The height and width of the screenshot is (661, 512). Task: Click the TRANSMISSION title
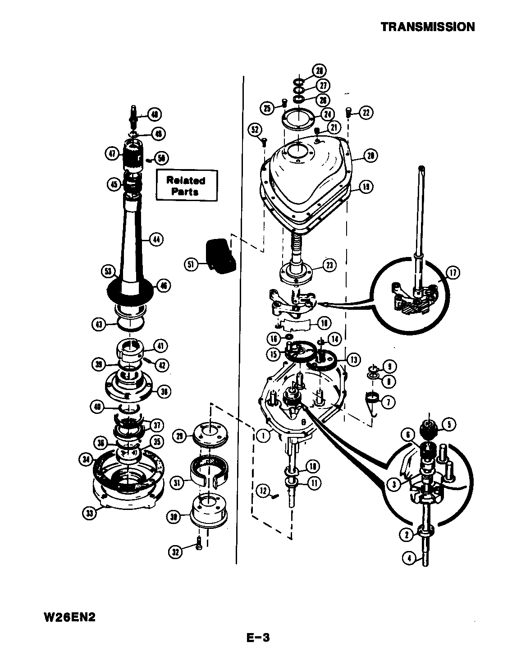[x=428, y=27]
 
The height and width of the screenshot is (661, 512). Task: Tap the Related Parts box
[x=187, y=185]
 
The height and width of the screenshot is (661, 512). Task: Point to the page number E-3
[x=257, y=638]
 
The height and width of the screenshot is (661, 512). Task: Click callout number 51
[x=192, y=265]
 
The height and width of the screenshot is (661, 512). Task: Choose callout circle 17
[x=452, y=272]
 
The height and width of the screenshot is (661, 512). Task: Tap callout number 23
[x=329, y=265]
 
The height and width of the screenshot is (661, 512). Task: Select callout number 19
[x=366, y=186]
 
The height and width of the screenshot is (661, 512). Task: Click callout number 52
[x=256, y=130]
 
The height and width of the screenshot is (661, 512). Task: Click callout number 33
[x=91, y=513]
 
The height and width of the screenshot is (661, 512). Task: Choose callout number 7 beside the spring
[x=387, y=400]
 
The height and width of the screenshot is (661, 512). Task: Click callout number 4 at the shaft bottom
[x=409, y=558]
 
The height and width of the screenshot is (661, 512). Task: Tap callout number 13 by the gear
[x=353, y=359]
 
